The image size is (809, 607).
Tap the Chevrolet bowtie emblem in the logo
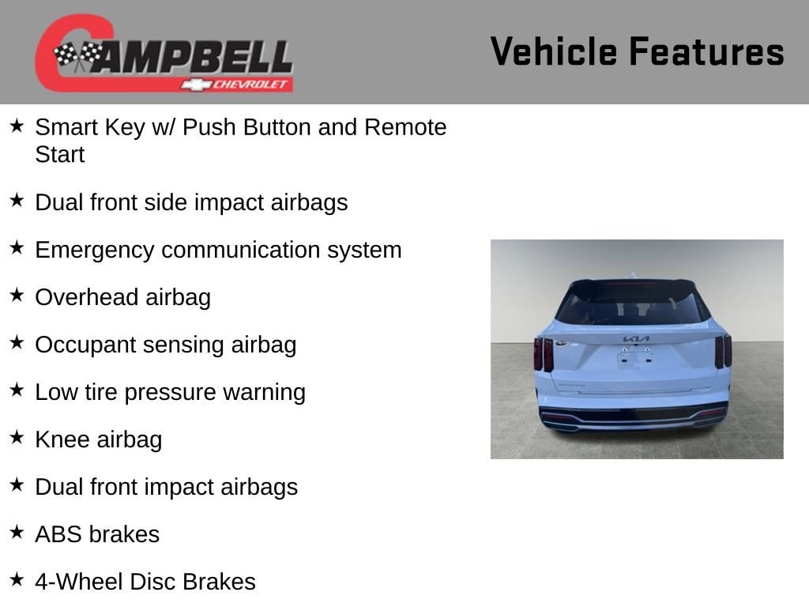[196, 85]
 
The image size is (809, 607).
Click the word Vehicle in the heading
[553, 51]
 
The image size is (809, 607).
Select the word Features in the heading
[707, 51]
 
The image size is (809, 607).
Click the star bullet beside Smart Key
[17, 126]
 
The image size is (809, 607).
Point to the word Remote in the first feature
[405, 127]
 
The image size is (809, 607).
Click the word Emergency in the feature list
[95, 251]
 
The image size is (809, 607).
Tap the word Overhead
[87, 297]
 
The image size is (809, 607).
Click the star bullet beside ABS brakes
[17, 532]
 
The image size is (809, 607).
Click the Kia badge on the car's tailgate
[636, 339]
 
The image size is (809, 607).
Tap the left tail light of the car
[544, 353]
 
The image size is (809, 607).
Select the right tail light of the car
[723, 351]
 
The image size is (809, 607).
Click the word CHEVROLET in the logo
[250, 84]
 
